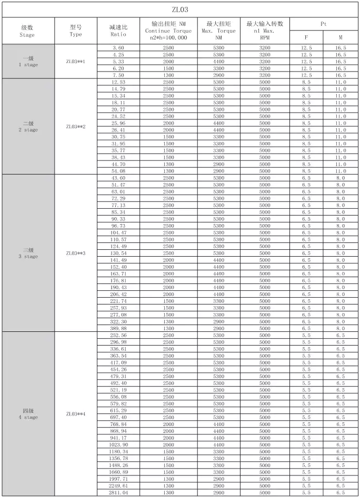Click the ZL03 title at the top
tap(180, 9)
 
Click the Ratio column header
tap(118, 31)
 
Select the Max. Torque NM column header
tap(219, 31)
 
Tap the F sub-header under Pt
tap(306, 38)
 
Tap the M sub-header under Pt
tap(341, 38)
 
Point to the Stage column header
tap(27, 31)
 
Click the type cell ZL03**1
tap(76, 62)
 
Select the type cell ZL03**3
tap(76, 253)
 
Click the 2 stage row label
tap(27, 126)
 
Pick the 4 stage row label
tap(27, 414)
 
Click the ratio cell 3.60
tap(118, 48)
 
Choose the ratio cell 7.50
tap(118, 75)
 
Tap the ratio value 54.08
tap(118, 171)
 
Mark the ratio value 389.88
tap(118, 328)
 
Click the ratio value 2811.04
tap(118, 492)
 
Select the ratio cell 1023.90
tap(118, 444)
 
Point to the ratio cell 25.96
tap(118, 123)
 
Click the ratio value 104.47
tap(118, 232)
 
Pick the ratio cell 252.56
tap(118, 335)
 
